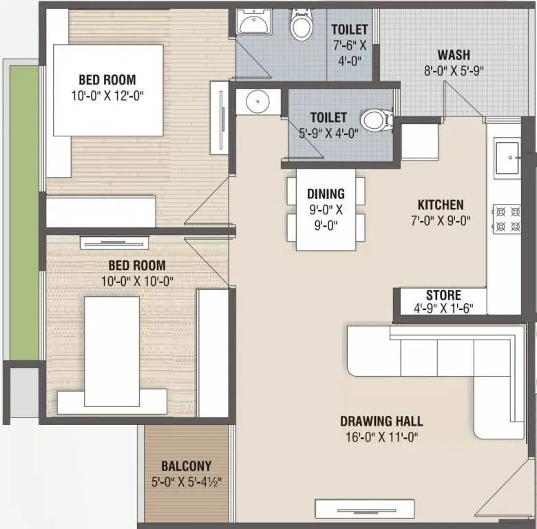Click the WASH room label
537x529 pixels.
453,55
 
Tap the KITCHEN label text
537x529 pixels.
441,205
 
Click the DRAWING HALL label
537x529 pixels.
381,422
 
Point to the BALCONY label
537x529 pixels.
186,466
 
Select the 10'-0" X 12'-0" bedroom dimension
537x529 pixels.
107,94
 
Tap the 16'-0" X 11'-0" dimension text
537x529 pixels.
381,437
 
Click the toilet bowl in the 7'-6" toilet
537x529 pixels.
300,25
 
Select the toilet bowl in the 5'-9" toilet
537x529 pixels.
375,120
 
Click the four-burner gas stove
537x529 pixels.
507,218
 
